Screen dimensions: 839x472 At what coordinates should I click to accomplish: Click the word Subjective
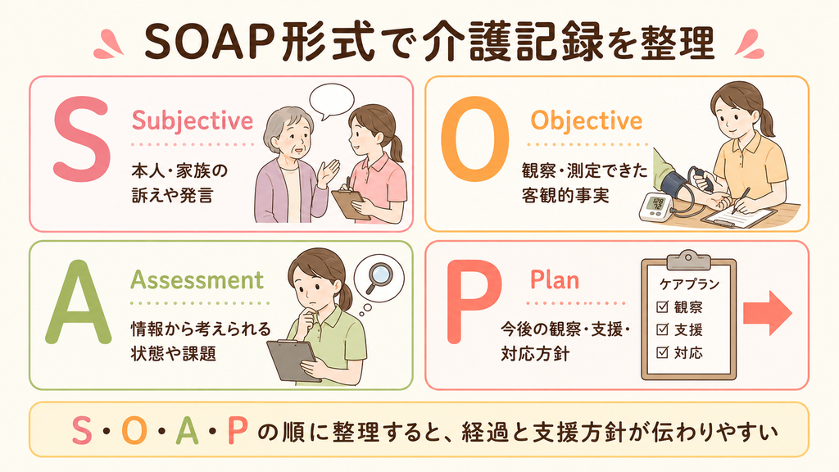point(192,121)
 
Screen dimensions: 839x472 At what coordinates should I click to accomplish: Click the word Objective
point(587,121)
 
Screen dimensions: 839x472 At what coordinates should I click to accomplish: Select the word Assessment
point(197,280)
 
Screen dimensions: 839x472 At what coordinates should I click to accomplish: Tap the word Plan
point(555,280)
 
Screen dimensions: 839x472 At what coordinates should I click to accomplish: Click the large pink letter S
point(81,139)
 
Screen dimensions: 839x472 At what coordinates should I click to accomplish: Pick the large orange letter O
point(474,139)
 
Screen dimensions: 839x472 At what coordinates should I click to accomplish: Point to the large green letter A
point(79,302)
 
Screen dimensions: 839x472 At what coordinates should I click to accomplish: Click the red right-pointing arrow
point(767,313)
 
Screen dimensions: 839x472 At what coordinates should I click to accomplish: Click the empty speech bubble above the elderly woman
point(332,101)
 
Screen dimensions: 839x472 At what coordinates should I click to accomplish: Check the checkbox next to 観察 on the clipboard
point(662,306)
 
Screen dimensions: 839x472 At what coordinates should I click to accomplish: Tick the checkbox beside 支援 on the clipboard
point(662,329)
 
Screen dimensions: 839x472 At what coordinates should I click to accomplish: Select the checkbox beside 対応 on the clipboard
point(662,352)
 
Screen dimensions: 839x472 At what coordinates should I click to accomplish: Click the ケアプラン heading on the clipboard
point(689,284)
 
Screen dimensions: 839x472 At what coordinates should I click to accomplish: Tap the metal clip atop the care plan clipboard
point(688,260)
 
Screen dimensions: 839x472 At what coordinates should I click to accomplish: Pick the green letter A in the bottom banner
point(188,431)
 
